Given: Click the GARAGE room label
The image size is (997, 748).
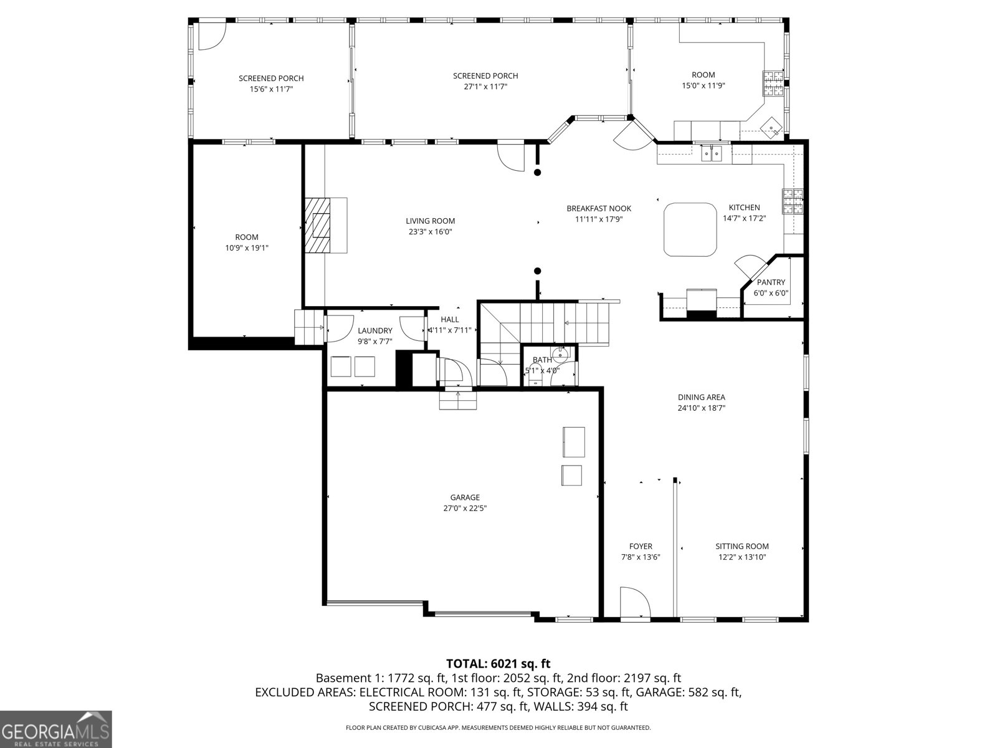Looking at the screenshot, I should (465, 497).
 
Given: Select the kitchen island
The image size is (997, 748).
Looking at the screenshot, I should (690, 229).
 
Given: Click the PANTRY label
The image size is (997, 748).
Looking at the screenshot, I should (771, 282).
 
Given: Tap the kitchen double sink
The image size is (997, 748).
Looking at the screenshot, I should (711, 153).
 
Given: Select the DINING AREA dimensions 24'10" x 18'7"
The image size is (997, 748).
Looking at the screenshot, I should (701, 408).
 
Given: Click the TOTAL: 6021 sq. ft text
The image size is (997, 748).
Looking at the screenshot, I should (498, 664).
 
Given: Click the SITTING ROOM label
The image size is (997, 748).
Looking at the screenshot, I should (742, 546).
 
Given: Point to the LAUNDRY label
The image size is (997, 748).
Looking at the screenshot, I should (374, 330).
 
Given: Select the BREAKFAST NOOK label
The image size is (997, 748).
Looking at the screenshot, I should (598, 208).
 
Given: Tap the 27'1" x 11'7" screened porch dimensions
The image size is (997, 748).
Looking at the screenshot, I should (485, 87).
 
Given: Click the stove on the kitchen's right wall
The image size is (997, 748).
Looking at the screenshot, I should (793, 201).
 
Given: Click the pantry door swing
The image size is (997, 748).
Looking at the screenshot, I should (749, 264).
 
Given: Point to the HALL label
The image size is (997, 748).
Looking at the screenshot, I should (449, 319).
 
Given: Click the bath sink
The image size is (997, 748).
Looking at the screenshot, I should (560, 356).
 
